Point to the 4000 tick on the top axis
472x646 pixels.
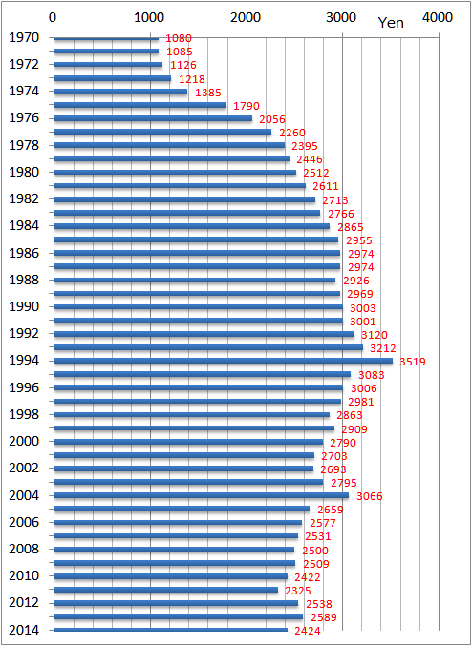point(438,17)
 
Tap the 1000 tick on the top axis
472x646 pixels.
point(148,17)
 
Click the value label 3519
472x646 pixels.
point(413,362)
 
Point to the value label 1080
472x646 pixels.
point(179,38)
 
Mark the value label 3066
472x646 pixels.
point(369,496)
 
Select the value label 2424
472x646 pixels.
point(307,631)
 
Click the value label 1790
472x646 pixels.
point(247,106)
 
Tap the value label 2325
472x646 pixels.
point(298,591)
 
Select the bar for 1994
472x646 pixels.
point(222,361)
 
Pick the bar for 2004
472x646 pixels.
point(200,495)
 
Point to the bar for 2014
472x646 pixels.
point(169,630)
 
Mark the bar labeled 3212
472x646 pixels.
point(207,347)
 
